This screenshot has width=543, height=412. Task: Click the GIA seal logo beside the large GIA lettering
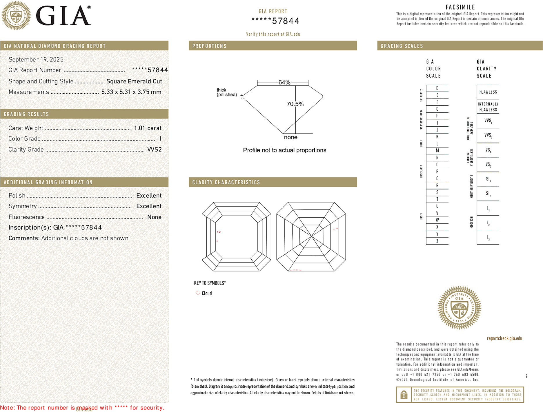pyautogui.click(x=16, y=16)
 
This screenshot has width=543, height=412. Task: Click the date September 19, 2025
pyautogui.click(x=36, y=59)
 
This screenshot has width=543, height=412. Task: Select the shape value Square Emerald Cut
pyautogui.click(x=134, y=81)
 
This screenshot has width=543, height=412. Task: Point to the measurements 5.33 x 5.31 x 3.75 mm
pyautogui.click(x=131, y=92)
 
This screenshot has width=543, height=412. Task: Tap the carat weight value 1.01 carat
pyautogui.click(x=148, y=128)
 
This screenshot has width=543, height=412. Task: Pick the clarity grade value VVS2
pyautogui.click(x=155, y=150)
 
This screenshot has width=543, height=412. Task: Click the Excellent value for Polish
pyautogui.click(x=149, y=196)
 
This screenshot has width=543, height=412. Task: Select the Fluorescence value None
pyautogui.click(x=154, y=217)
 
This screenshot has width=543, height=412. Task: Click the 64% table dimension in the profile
pyautogui.click(x=284, y=82)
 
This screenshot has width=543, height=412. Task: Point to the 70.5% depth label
pyautogui.click(x=295, y=104)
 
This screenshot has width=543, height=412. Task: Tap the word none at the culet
pyautogui.click(x=291, y=137)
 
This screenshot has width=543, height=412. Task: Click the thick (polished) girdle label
pyautogui.click(x=226, y=92)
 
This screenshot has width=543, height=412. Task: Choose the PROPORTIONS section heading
pyautogui.click(x=209, y=46)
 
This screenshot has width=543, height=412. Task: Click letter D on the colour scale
pyautogui.click(x=437, y=88)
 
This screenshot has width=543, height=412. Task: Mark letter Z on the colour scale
pyautogui.click(x=437, y=241)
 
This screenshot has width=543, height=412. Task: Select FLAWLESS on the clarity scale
pyautogui.click(x=488, y=92)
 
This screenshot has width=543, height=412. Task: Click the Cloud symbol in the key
pyautogui.click(x=198, y=293)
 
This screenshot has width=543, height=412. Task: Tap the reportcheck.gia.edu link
pyautogui.click(x=504, y=338)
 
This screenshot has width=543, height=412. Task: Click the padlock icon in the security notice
pyautogui.click(x=404, y=395)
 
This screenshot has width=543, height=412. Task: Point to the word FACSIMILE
pyautogui.click(x=460, y=7)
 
